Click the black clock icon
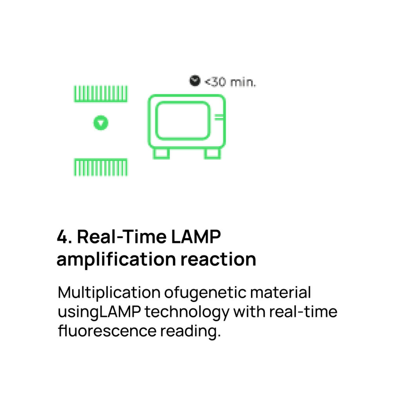coord(195,81)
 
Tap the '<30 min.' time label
coord(230,82)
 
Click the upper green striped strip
coord(101,94)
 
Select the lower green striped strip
coord(101,167)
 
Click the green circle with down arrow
coord(101,123)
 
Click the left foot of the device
coord(161,154)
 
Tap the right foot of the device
coord(212,154)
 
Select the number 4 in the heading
coord(62,237)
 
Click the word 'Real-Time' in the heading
coord(122,237)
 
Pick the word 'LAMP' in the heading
coord(196,237)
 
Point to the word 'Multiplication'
coord(109,293)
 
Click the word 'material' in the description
coord(280,293)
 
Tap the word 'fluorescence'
coord(107,331)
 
